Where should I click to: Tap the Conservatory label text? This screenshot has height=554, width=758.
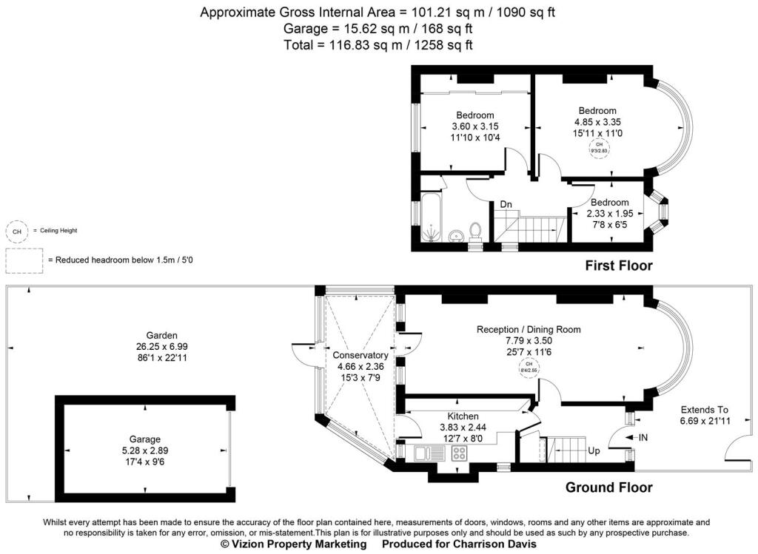click(x=360, y=355)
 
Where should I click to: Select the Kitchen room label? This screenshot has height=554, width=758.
click(x=463, y=416)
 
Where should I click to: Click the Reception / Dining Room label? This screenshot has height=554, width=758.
click(x=529, y=329)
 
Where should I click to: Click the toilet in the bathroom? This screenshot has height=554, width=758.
click(x=476, y=232)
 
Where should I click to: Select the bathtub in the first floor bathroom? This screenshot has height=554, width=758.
click(x=430, y=217)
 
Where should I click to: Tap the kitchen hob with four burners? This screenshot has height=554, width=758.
click(x=459, y=453)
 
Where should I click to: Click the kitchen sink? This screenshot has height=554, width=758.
click(x=428, y=453)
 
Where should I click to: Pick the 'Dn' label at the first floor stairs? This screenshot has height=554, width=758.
click(x=506, y=204)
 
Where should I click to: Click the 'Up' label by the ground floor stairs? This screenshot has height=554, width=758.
click(x=594, y=450)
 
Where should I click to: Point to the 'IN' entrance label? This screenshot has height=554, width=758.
click(x=643, y=438)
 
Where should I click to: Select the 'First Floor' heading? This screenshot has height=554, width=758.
click(x=619, y=266)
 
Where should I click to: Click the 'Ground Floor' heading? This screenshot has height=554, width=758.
click(x=608, y=487)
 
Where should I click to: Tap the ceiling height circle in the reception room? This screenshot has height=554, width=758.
click(x=529, y=368)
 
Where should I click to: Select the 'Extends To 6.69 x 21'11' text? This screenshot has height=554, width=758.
click(x=705, y=415)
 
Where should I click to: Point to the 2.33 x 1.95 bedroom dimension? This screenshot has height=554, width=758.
click(x=609, y=213)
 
